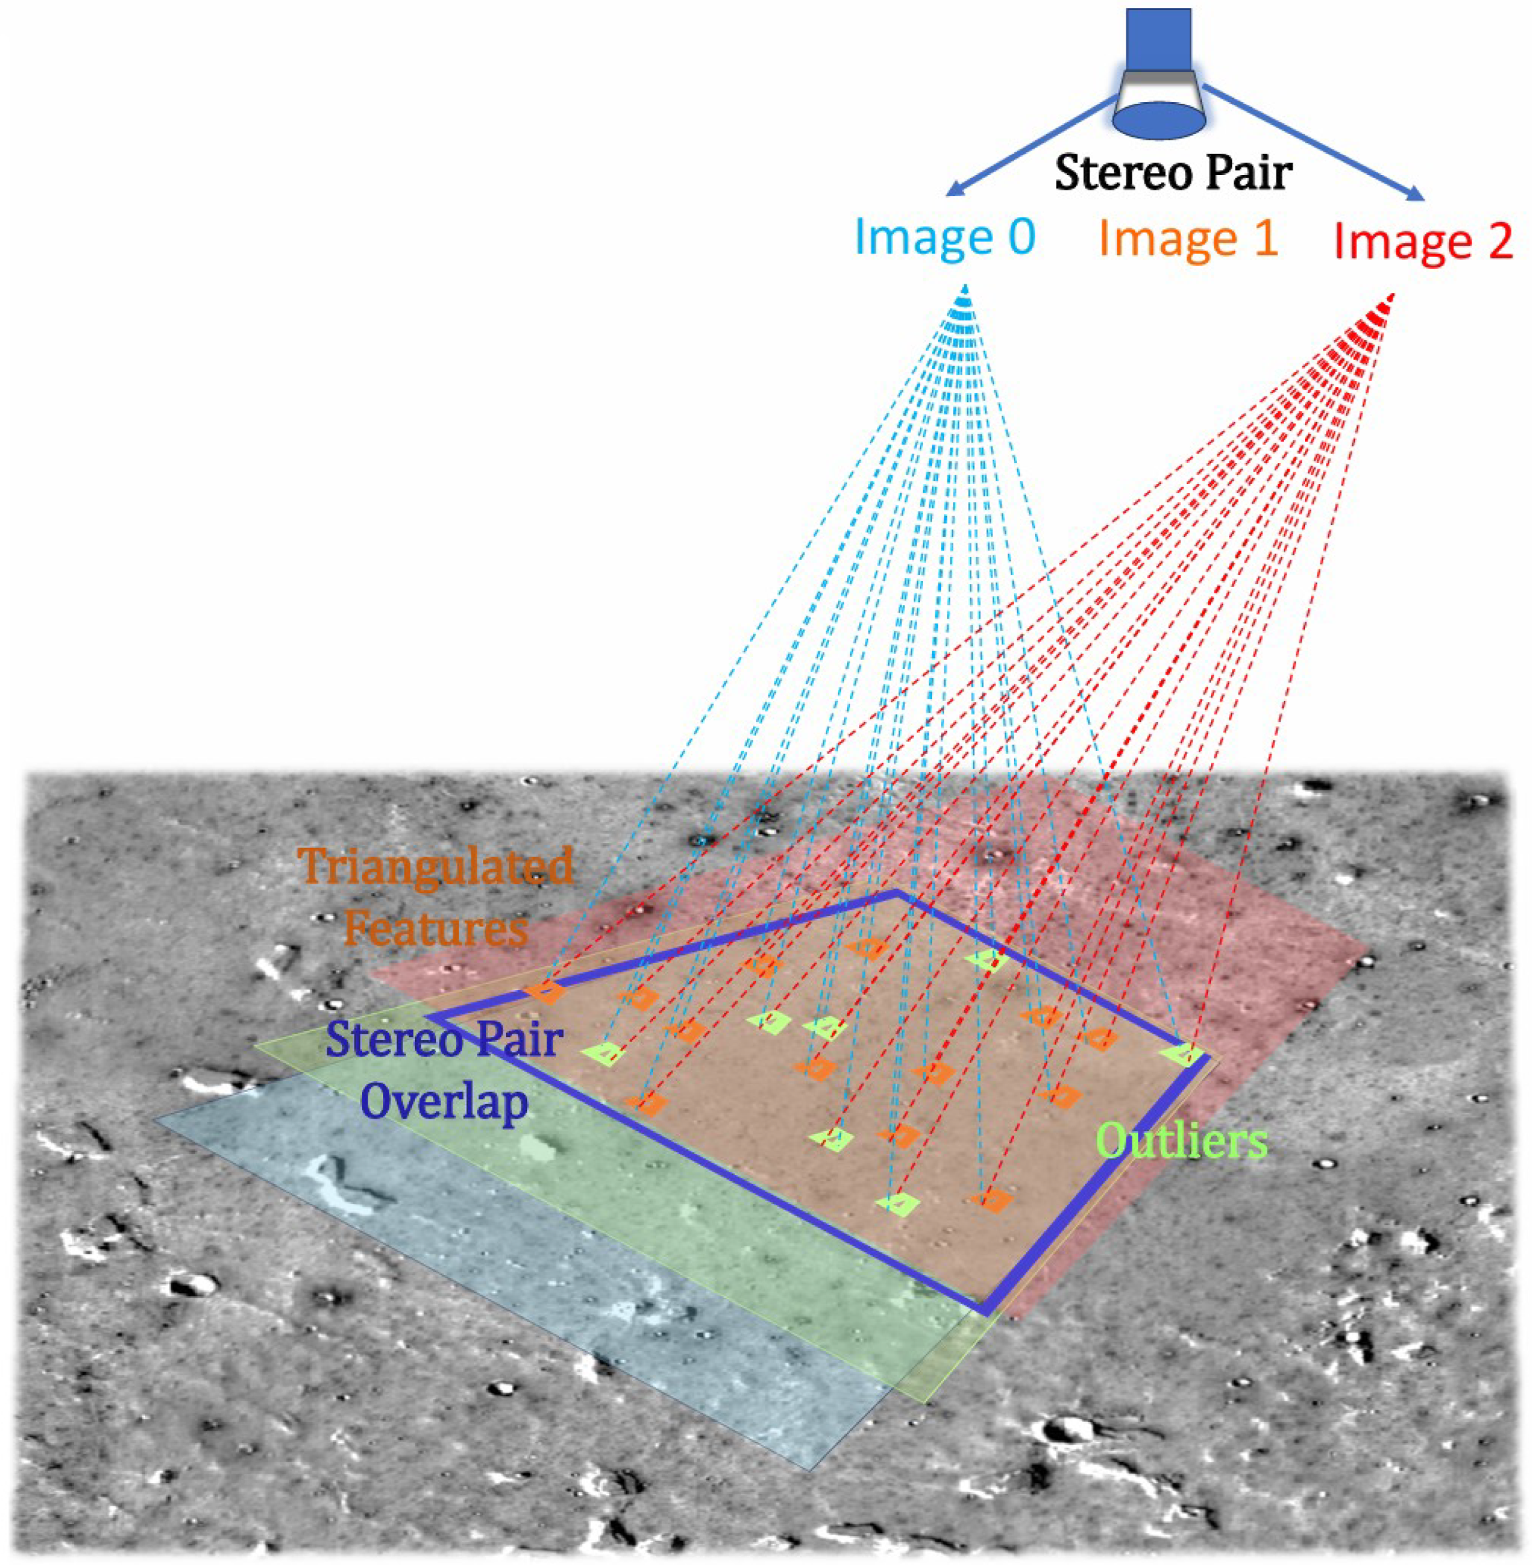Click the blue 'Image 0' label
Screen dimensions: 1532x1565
(x=945, y=238)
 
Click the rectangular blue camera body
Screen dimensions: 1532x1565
(x=1159, y=40)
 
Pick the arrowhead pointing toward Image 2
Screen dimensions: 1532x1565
(x=1415, y=194)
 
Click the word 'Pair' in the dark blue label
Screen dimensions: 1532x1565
(x=515, y=1040)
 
